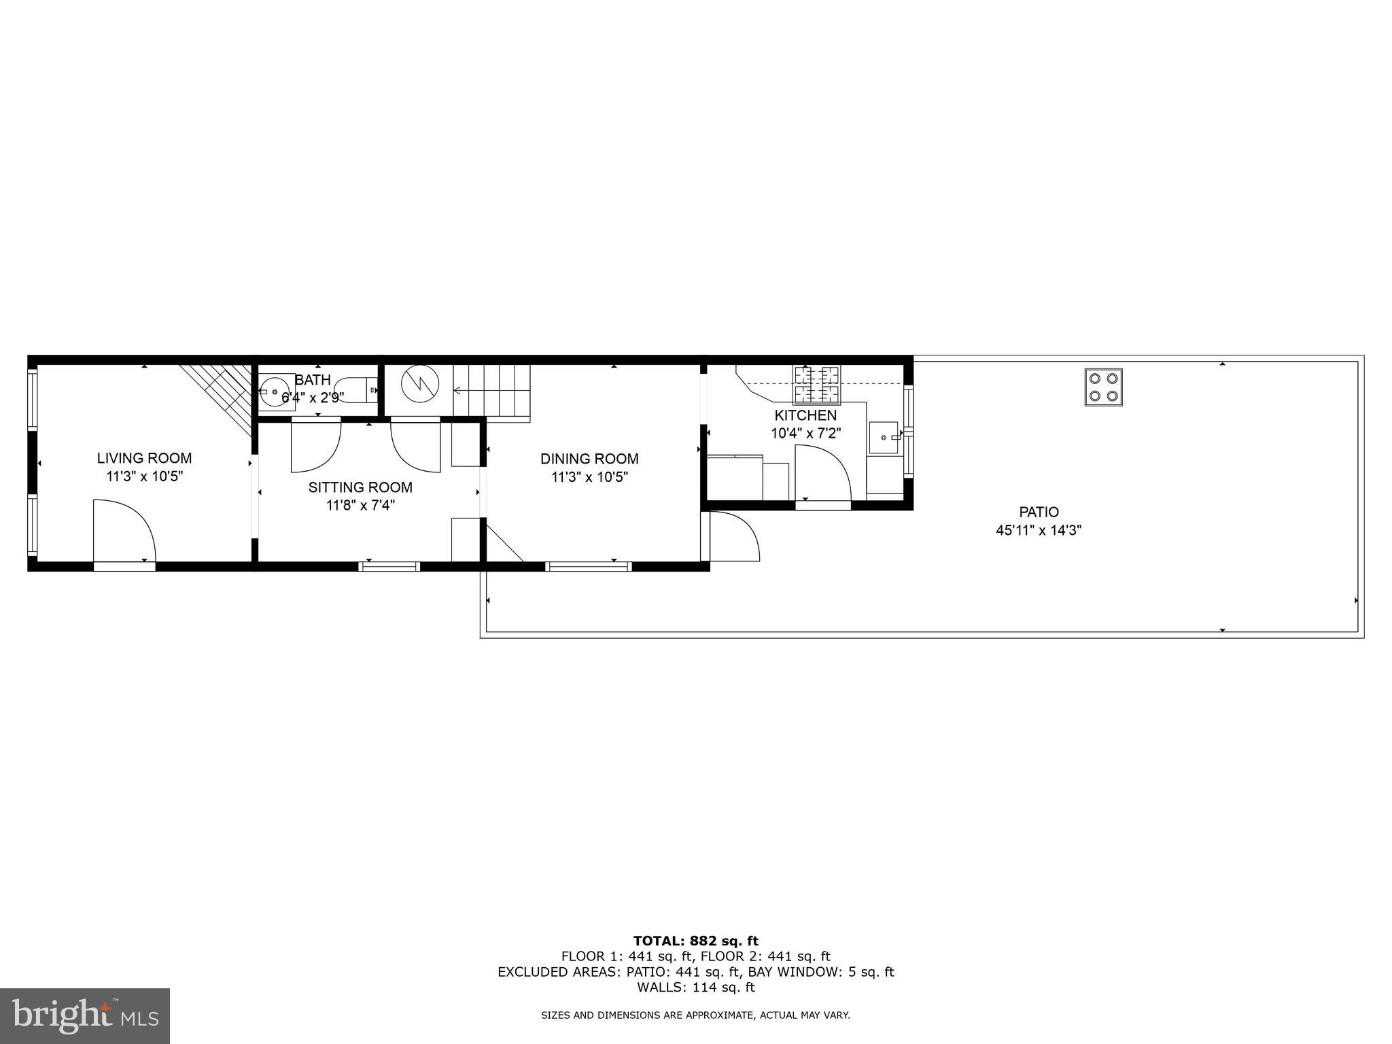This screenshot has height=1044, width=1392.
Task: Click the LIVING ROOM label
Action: click(x=144, y=458)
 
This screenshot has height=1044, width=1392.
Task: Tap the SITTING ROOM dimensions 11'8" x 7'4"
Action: click(x=360, y=506)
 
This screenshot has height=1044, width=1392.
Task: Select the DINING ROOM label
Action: click(x=589, y=459)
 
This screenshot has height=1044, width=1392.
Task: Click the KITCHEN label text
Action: click(x=805, y=415)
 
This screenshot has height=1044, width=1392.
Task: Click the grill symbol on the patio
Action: click(x=1103, y=387)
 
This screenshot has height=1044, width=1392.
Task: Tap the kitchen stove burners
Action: click(x=817, y=385)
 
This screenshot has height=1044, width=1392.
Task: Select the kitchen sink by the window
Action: click(x=884, y=437)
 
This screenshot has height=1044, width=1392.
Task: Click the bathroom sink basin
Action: click(x=276, y=392)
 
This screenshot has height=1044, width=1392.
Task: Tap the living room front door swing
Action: click(x=124, y=531)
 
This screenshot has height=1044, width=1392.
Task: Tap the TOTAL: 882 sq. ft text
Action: click(x=695, y=941)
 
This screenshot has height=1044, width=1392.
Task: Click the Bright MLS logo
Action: click(x=84, y=1015)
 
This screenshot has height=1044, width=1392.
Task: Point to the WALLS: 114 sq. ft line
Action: click(x=695, y=988)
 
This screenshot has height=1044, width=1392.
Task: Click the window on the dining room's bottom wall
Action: click(x=589, y=565)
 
